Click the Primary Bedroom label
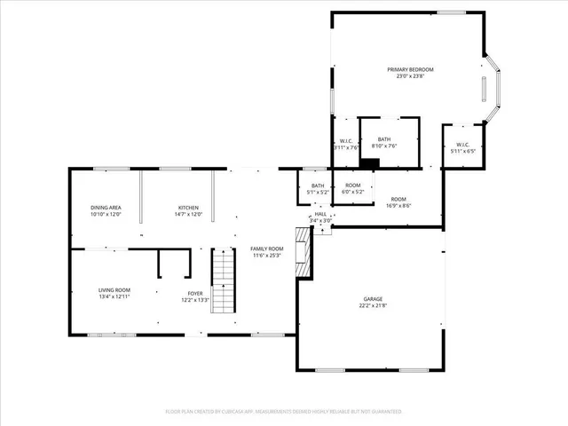coord(410,69)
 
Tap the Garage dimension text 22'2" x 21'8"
coord(375,306)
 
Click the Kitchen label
coord(187,208)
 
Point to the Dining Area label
coord(105,208)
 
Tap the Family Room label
coord(266,248)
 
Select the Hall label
coord(320,214)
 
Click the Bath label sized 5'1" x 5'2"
coord(318,185)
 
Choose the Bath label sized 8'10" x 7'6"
coord(384,139)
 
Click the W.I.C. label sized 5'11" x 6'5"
coord(462,145)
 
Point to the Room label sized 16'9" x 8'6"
coord(398,199)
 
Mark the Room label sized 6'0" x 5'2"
coord(353,185)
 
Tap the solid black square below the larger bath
coord(372,162)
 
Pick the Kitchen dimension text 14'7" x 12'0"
coord(187,215)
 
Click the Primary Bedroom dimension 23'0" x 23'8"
coord(410,76)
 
